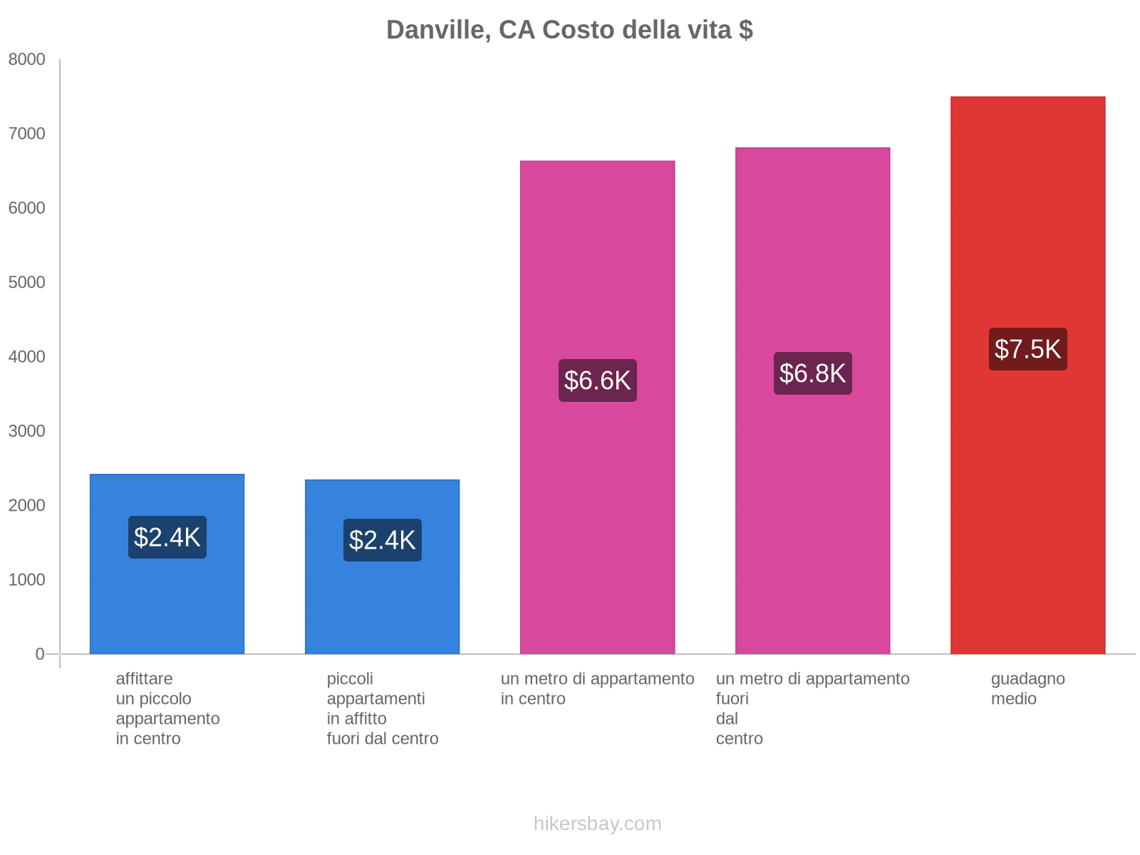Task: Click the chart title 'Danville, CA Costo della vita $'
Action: point(569,30)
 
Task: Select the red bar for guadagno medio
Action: point(1027,499)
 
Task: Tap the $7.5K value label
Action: point(1027,349)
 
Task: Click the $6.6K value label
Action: point(597,380)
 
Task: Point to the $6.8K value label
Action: point(812,373)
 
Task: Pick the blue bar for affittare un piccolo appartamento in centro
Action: point(167,606)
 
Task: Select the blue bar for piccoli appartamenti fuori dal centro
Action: point(382,606)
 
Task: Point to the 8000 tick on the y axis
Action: point(26,60)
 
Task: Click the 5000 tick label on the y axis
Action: point(26,283)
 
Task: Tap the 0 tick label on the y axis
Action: point(40,654)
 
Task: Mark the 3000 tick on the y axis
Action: point(26,431)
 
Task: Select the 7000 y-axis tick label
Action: point(26,134)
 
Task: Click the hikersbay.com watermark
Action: point(597,824)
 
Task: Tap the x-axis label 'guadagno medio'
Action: point(1027,688)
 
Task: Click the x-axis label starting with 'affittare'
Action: point(167,708)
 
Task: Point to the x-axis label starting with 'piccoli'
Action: point(382,708)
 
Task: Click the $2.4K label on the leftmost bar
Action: point(167,537)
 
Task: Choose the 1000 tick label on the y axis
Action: point(26,580)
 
